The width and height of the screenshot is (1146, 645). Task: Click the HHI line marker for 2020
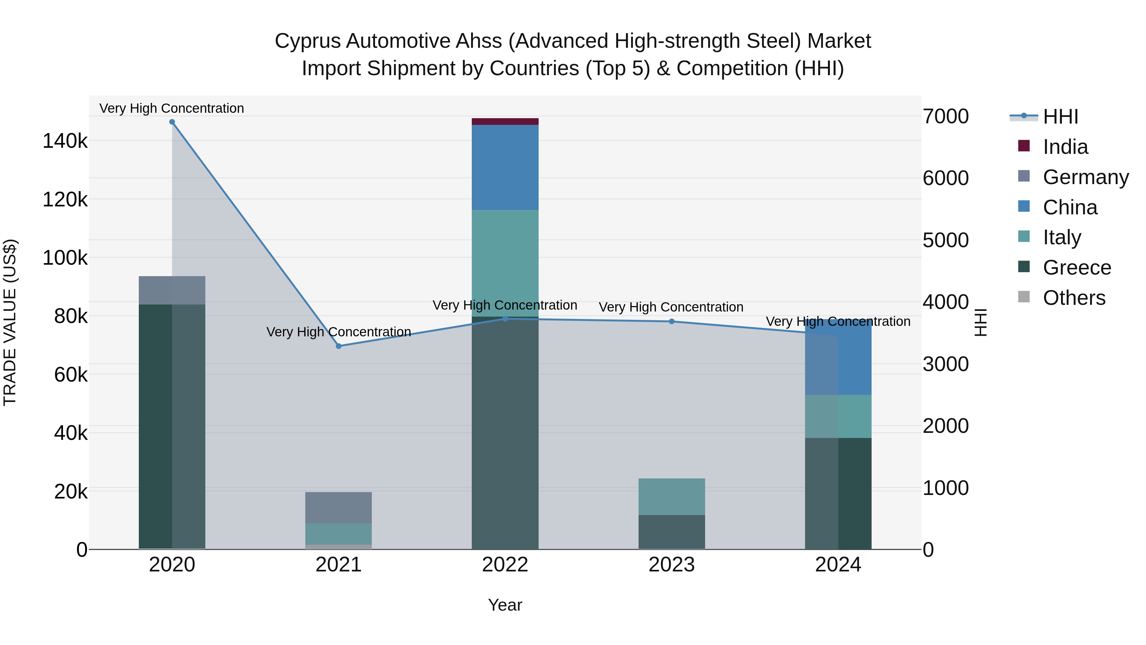click(172, 122)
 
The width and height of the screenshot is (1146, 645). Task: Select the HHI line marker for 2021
click(339, 346)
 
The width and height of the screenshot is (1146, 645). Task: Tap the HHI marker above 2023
click(672, 321)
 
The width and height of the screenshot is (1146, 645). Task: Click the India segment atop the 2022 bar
click(505, 122)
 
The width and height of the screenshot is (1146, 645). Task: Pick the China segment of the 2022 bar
click(505, 167)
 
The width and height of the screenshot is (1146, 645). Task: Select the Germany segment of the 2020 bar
click(172, 290)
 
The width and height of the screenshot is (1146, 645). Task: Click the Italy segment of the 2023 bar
click(672, 496)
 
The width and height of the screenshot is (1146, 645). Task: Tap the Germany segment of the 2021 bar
click(339, 507)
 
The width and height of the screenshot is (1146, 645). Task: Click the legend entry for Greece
click(1077, 268)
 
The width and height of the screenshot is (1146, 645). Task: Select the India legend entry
click(1065, 147)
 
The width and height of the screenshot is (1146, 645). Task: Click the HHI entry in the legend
click(1060, 117)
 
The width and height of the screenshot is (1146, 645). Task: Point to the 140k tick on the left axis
click(65, 141)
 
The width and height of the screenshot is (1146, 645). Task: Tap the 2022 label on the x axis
click(505, 565)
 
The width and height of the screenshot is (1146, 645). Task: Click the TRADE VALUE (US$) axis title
click(10, 322)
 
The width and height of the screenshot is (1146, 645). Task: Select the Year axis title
click(505, 605)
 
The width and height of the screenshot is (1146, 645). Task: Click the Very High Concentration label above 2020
click(172, 108)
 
